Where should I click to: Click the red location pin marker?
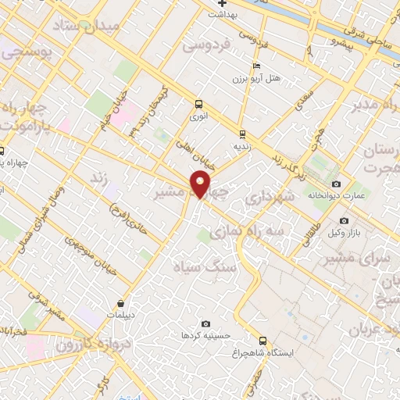pos(201,184)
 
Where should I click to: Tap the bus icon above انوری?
pos(198,103)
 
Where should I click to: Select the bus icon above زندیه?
pos(242,134)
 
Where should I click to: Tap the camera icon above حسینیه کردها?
pos(205,323)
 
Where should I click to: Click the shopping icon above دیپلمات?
pos(121,303)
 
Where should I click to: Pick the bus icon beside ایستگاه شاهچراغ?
pos(262,341)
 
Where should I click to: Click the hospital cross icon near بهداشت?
pos(223,3)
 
